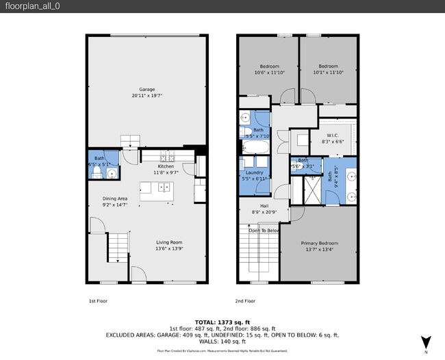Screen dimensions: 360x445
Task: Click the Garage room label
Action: click(147, 90)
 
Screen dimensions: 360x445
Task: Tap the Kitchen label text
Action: click(166, 166)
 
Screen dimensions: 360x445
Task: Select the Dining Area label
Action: click(115, 198)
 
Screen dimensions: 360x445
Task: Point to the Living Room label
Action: click(168, 242)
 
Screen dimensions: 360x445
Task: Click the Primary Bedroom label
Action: click(318, 243)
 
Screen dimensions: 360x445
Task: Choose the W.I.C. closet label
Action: click(333, 135)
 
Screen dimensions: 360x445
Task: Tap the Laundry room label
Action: click(255, 173)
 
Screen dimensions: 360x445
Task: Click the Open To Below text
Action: click(264, 231)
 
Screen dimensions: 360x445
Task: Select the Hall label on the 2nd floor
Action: click(264, 205)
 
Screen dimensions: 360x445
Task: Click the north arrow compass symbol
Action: click(426, 342)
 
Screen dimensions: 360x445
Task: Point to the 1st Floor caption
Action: click(98, 300)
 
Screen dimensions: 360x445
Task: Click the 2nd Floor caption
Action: click(245, 300)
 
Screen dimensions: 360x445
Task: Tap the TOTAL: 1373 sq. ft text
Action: click(222, 322)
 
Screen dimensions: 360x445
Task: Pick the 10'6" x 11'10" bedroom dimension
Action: click(268, 73)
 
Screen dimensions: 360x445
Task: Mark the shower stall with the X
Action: click(312, 185)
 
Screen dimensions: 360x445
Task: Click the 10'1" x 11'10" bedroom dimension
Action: click(328, 73)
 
